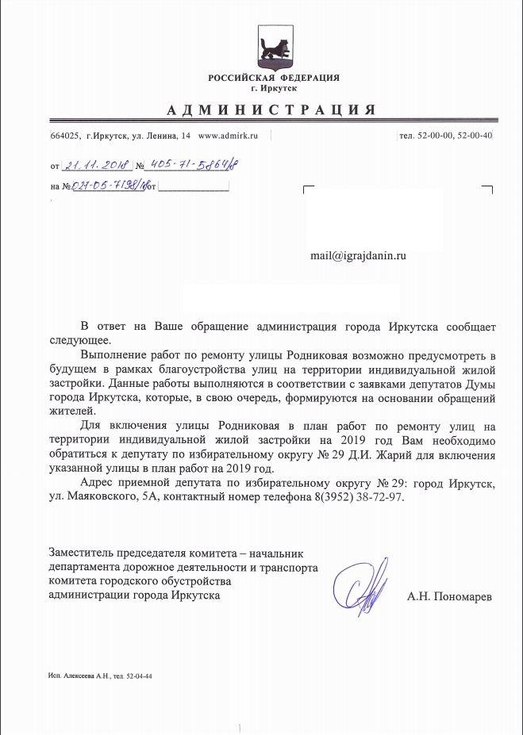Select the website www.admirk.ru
(229, 136)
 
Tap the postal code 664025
(64, 136)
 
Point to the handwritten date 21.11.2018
(98, 165)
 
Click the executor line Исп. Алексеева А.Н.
(80, 676)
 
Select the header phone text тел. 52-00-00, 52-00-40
(445, 136)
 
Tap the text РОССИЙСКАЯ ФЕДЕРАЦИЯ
(273, 77)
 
